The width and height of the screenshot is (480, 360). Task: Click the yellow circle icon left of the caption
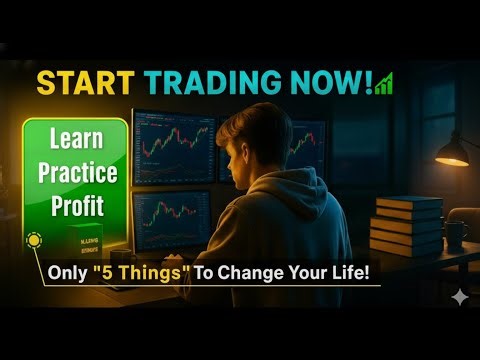(33, 242)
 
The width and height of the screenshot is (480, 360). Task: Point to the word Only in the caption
(69, 272)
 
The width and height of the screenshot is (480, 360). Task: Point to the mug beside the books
(455, 234)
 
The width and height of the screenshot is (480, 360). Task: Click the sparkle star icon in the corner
(459, 297)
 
